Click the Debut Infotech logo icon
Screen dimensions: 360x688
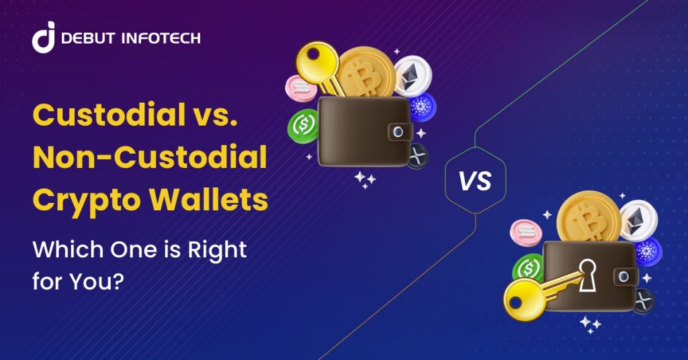(44, 39)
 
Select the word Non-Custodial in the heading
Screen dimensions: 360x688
(149, 159)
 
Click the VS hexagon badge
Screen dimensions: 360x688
(476, 179)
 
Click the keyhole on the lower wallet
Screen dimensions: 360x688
(589, 275)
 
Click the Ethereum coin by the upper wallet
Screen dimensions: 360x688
(412, 75)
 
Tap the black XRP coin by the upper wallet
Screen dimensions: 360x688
(418, 156)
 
